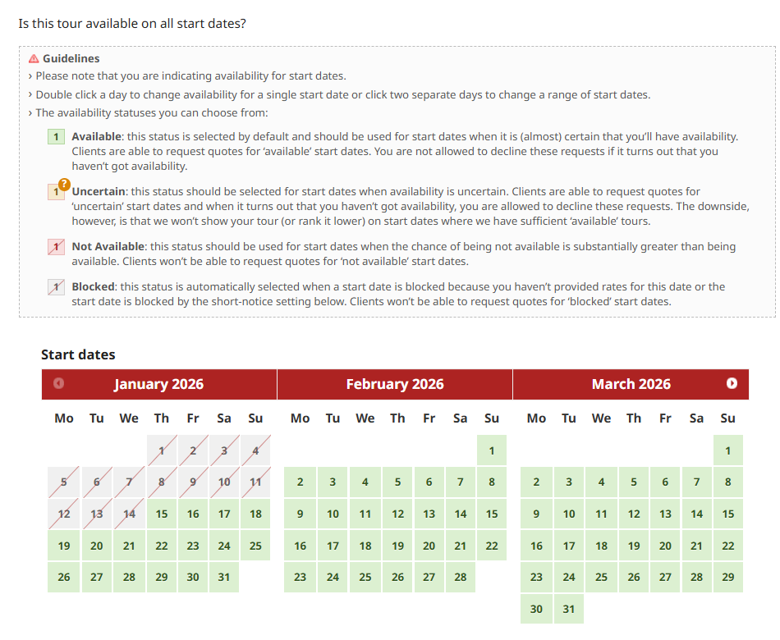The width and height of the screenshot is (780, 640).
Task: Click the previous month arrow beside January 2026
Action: click(58, 383)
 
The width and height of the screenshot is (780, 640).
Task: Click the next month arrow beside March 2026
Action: click(732, 383)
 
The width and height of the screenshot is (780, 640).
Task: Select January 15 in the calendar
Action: click(162, 514)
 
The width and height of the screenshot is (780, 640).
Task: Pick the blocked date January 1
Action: click(162, 450)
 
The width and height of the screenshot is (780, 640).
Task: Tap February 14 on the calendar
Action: click(461, 514)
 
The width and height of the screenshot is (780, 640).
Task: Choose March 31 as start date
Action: click(569, 609)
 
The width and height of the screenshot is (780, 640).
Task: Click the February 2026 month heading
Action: click(395, 384)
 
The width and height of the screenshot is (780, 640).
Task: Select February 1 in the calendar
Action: click(492, 450)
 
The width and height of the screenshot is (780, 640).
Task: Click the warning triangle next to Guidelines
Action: click(34, 59)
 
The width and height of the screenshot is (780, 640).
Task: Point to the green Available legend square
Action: click(56, 137)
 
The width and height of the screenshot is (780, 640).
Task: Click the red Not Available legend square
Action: click(56, 247)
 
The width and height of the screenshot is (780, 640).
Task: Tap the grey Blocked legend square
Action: click(56, 287)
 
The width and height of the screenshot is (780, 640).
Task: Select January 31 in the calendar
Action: click(224, 577)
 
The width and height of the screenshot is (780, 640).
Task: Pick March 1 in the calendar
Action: click(727, 450)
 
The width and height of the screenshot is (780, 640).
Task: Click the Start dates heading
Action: click(78, 354)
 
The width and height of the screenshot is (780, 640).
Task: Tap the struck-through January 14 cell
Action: click(129, 514)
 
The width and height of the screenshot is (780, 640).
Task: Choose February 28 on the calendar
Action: click(461, 577)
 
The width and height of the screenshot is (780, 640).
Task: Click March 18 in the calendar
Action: click(602, 546)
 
